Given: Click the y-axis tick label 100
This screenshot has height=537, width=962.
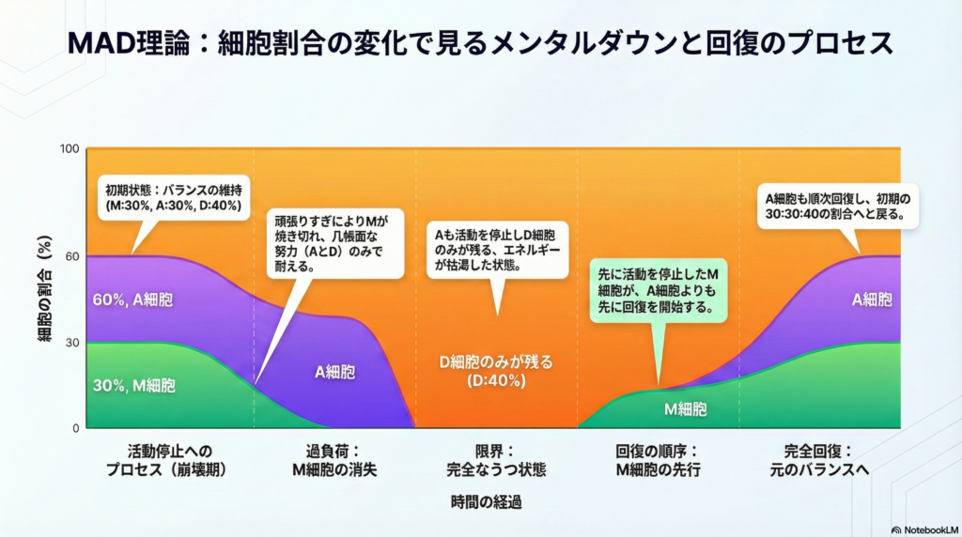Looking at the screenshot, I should pos(70,149).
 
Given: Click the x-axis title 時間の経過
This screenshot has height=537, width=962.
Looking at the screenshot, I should pos(486,502).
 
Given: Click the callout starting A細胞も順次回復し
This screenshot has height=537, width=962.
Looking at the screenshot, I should pos(836,206).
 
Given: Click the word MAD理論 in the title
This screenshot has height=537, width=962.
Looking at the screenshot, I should pos(132,42).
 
